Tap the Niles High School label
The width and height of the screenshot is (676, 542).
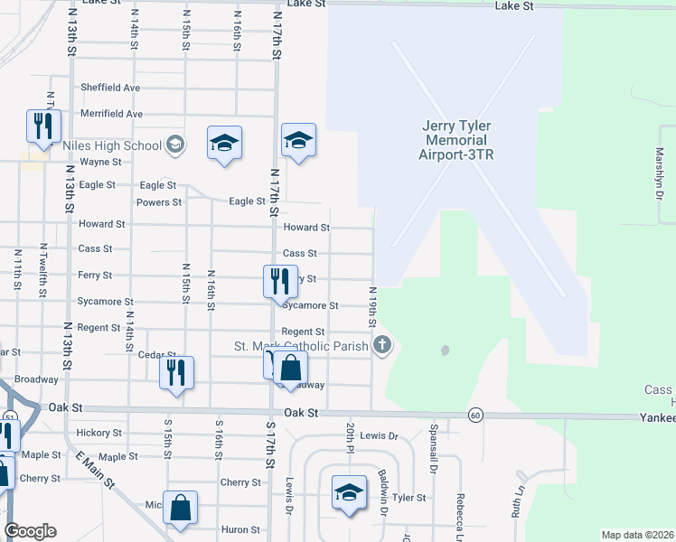pyautogui.click(x=112, y=145)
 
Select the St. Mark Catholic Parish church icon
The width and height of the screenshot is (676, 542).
pyautogui.click(x=382, y=344)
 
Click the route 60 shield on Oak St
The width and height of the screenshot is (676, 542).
pyautogui.click(x=474, y=415)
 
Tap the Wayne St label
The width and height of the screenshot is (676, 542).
pyautogui.click(x=100, y=163)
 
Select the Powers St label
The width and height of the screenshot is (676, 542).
pyautogui.click(x=159, y=202)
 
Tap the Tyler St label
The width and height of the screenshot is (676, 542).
pyautogui.click(x=408, y=498)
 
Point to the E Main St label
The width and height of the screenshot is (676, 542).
pyautogui.click(x=98, y=470)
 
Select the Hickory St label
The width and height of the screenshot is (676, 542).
pyautogui.click(x=99, y=433)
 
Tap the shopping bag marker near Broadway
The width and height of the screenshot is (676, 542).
pyautogui.click(x=291, y=369)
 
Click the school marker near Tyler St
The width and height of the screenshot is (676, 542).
pyautogui.click(x=349, y=492)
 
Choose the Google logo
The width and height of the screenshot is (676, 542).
pyautogui.click(x=30, y=531)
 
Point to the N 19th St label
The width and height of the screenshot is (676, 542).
pyautogui.click(x=371, y=307)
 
